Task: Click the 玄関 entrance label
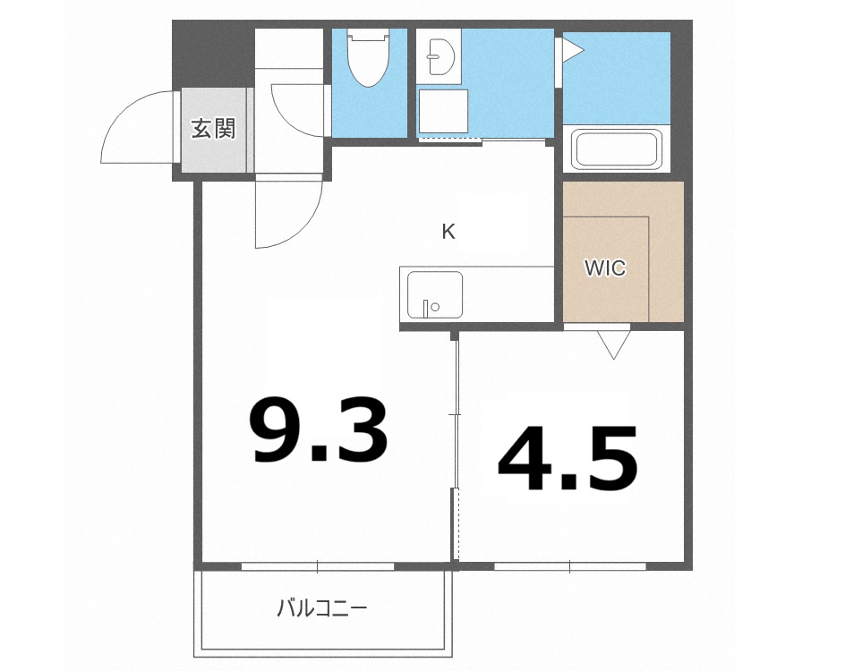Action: (213, 129)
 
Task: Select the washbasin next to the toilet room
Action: (440, 56)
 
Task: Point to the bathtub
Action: (618, 149)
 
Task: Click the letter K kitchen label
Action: (448, 232)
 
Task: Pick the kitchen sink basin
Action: (435, 294)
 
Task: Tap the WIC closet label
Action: (604, 268)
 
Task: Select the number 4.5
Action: (568, 460)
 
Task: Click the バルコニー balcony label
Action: (321, 609)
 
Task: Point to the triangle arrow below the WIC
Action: (613, 344)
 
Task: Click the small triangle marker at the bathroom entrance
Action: (569, 50)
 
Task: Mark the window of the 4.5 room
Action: (569, 565)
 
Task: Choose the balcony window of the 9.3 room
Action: (318, 565)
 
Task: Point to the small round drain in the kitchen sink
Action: (435, 307)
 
